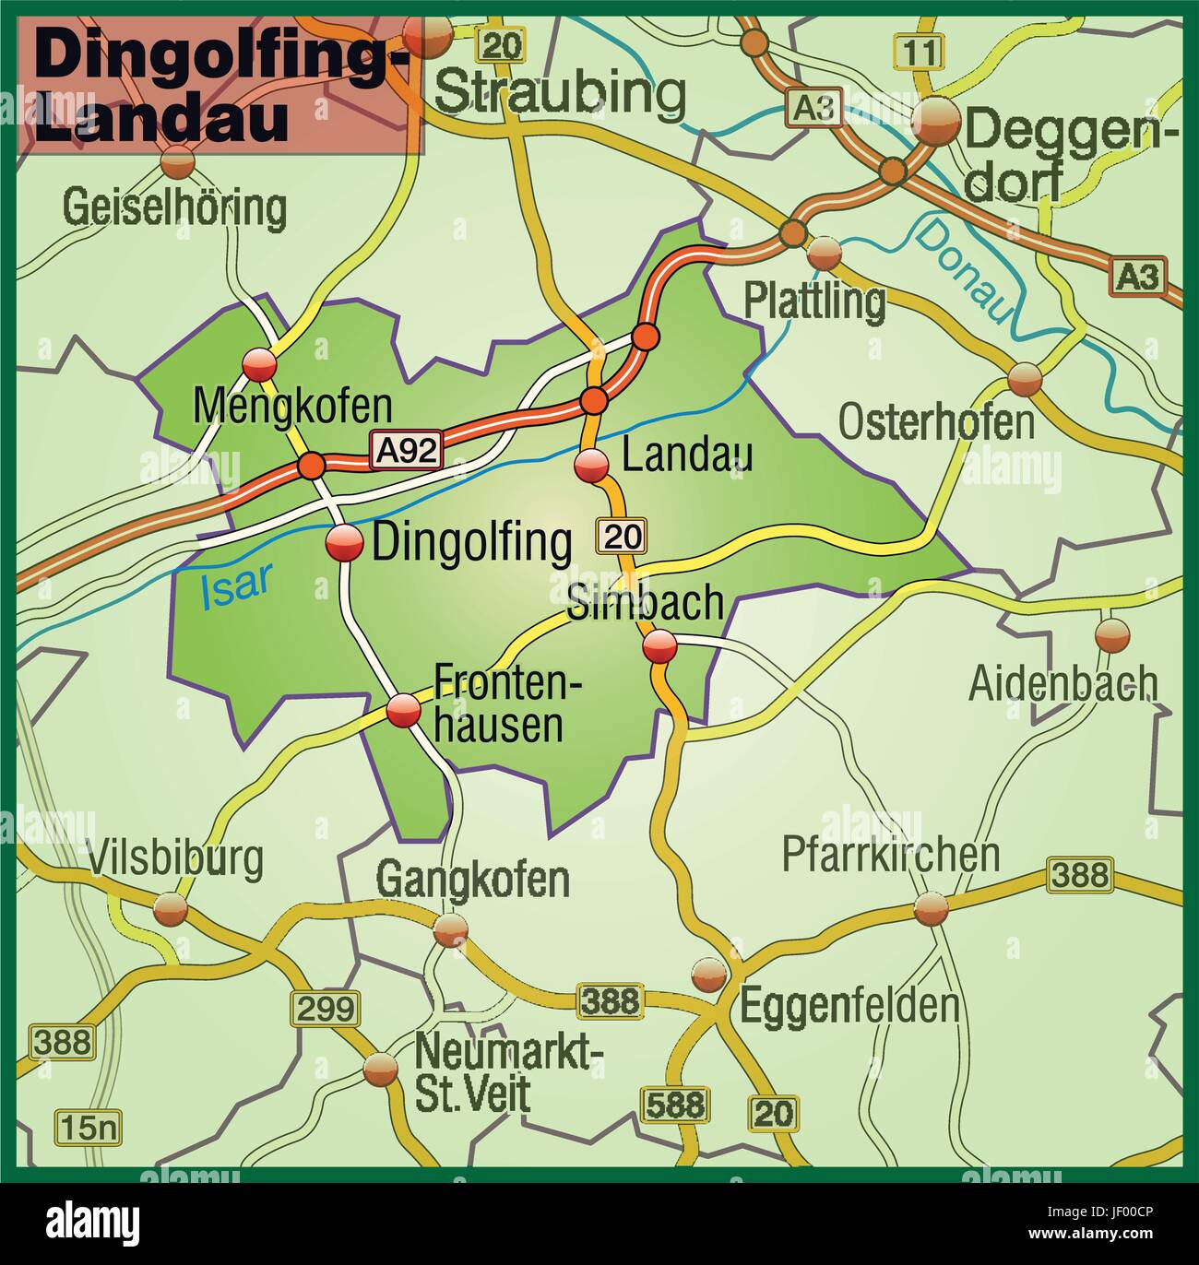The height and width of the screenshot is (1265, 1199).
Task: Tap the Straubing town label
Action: [560, 92]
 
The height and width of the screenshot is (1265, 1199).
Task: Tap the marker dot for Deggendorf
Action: [936, 120]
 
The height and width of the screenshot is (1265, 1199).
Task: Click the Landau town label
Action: [687, 455]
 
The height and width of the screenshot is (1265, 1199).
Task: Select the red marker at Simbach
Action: [660, 645]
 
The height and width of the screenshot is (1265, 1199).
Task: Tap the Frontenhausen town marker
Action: [403, 711]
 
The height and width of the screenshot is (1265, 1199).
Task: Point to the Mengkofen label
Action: [292, 406]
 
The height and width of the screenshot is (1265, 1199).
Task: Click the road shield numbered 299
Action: [324, 1008]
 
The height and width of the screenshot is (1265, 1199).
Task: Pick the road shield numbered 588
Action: [674, 1104]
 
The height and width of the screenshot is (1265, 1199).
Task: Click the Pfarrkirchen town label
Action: [890, 855]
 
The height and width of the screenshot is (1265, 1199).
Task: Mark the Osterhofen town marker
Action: [1024, 378]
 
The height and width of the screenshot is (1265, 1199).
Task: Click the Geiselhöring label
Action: [174, 208]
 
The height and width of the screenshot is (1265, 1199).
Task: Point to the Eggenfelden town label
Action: [849, 1005]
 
